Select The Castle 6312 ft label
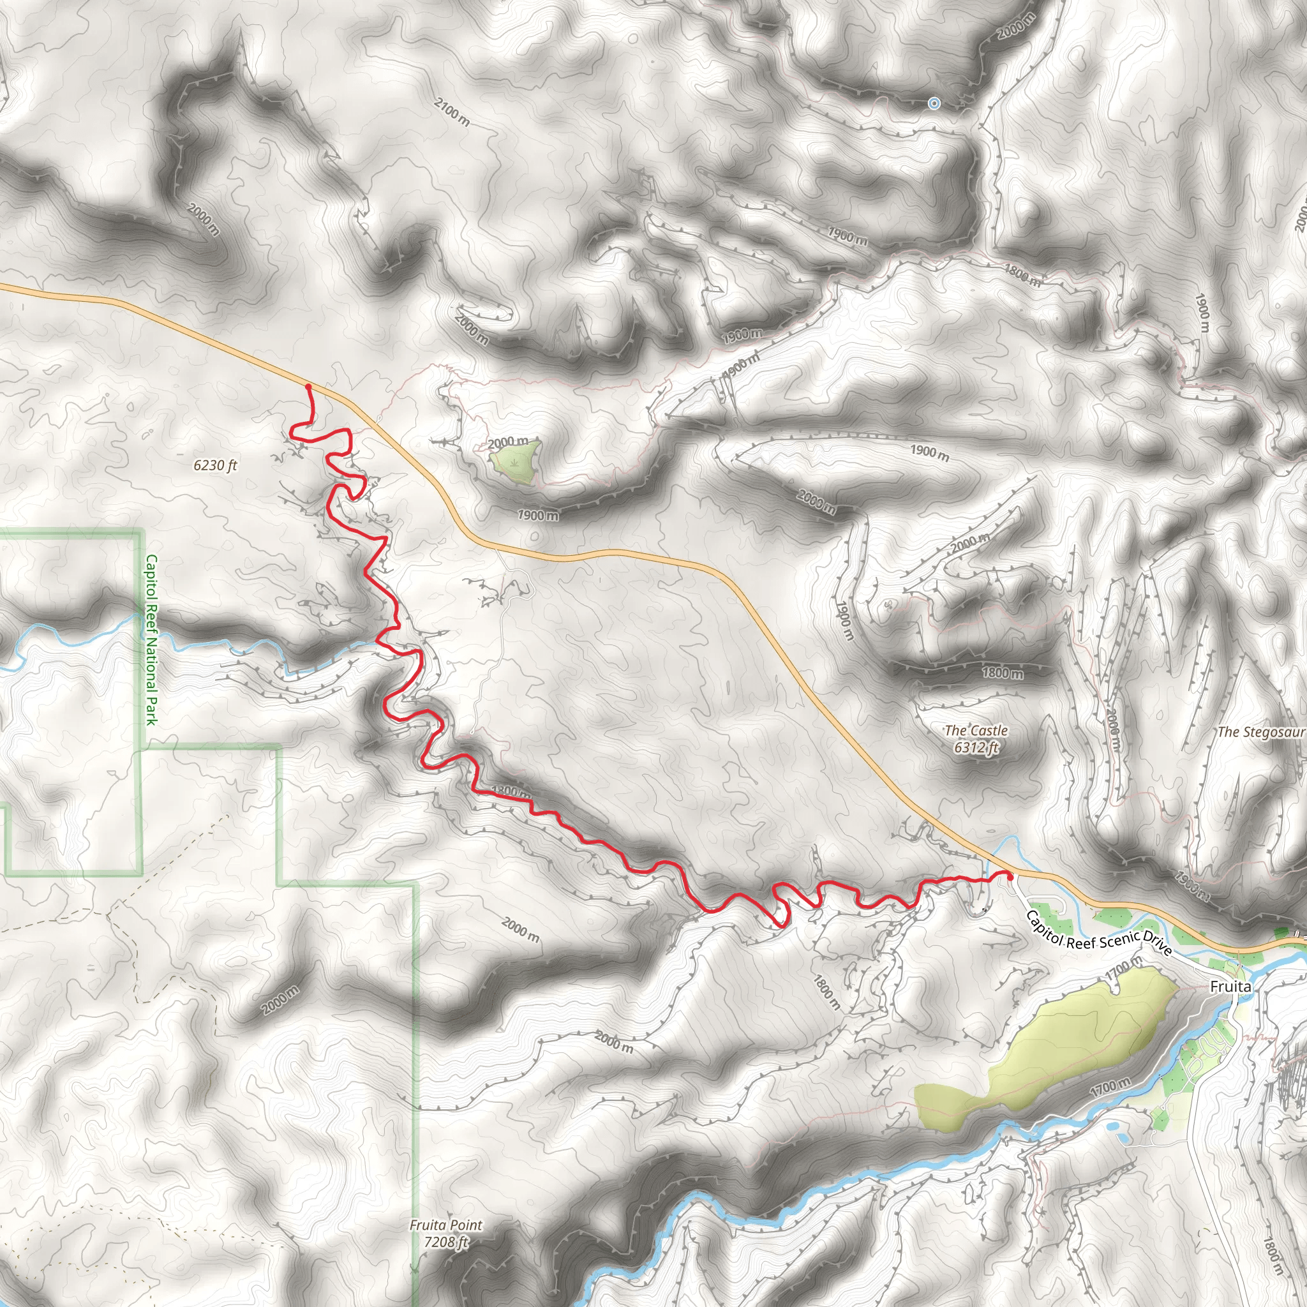[976, 739]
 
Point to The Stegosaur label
[1260, 732]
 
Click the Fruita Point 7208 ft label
[446, 1233]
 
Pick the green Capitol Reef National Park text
[151, 639]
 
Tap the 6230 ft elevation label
[215, 465]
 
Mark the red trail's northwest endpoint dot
[308, 386]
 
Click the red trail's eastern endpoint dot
[1010, 877]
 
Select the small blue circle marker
[934, 103]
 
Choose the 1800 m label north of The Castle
[1002, 673]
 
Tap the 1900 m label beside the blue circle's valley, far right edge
[1202, 313]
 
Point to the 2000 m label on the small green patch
[507, 442]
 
